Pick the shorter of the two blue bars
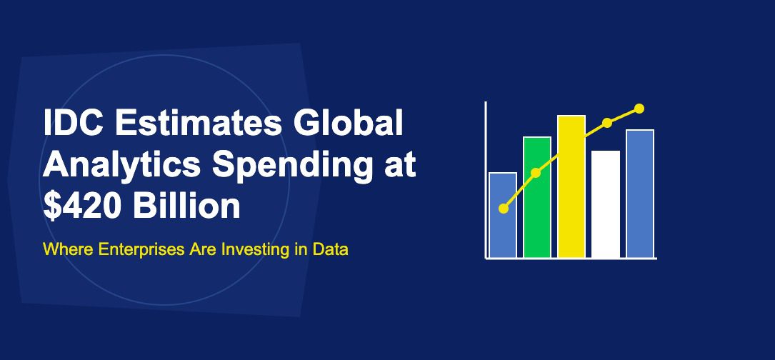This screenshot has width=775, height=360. pyautogui.click(x=503, y=229)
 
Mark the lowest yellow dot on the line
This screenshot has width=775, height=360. pyautogui.click(x=504, y=209)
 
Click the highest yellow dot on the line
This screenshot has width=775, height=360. pyautogui.click(x=639, y=109)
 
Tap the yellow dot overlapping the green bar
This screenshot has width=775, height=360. pyautogui.click(x=536, y=173)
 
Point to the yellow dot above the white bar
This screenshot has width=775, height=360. pyautogui.click(x=607, y=123)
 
